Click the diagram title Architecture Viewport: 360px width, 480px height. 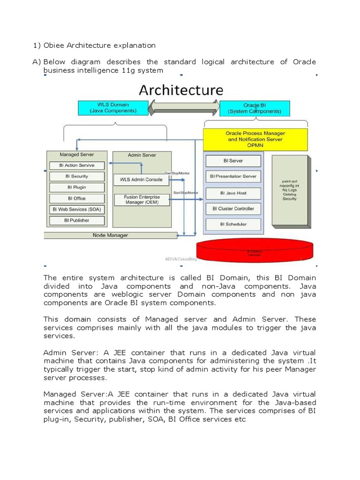point(180,90)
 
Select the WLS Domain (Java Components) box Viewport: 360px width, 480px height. point(113,108)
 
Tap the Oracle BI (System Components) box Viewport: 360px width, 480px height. point(255,108)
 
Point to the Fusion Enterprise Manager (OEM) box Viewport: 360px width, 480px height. point(141,200)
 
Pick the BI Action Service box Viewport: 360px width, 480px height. point(76,165)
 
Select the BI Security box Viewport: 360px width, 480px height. point(76,176)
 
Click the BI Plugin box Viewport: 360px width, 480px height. point(76,187)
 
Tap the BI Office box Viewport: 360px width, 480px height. point(76,198)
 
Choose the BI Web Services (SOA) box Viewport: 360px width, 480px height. point(76,209)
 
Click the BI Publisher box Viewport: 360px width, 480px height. point(76,220)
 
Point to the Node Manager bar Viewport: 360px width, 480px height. point(111,235)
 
